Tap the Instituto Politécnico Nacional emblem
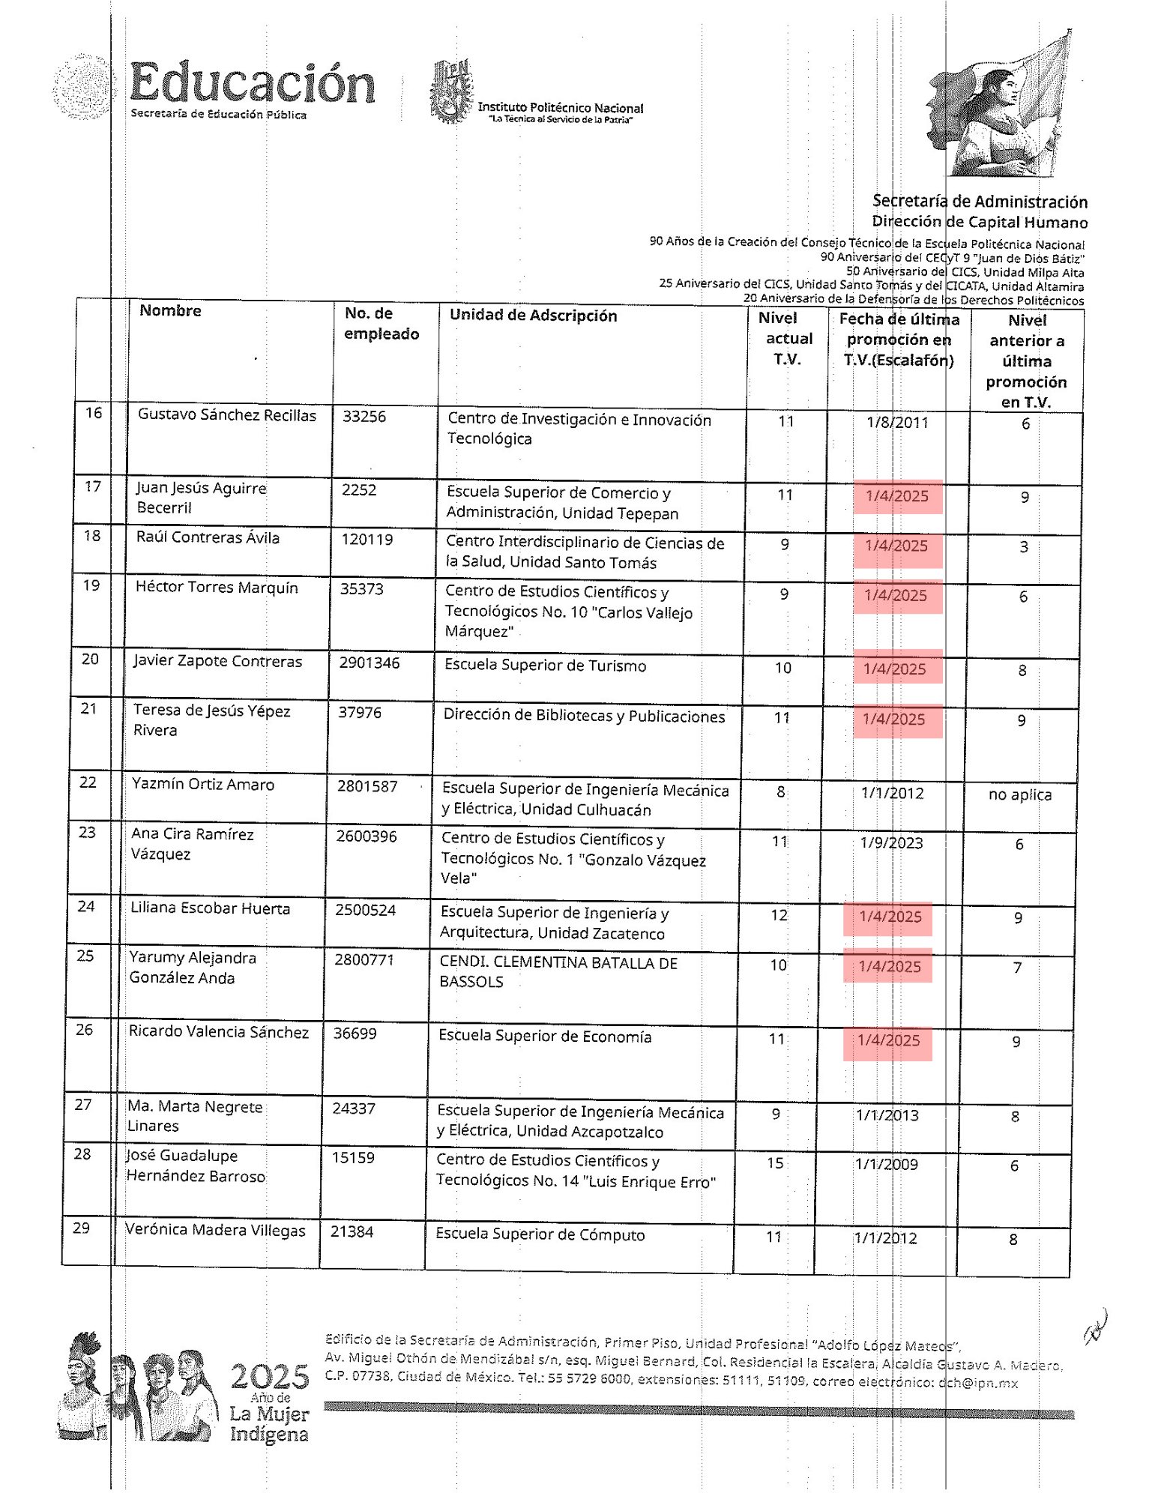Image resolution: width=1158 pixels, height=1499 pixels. click(x=451, y=91)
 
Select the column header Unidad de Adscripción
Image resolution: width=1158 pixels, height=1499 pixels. click(x=533, y=316)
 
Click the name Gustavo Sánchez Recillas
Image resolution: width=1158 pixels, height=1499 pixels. click(x=226, y=415)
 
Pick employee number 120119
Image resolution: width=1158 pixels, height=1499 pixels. click(x=367, y=540)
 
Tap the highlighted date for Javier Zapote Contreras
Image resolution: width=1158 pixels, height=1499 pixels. click(x=895, y=669)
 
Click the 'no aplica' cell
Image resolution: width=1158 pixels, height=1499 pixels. click(x=1019, y=794)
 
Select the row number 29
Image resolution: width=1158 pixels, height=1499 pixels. click(x=81, y=1228)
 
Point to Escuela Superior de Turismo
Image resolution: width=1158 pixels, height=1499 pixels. click(x=545, y=666)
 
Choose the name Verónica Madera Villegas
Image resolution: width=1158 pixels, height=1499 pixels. click(x=215, y=1230)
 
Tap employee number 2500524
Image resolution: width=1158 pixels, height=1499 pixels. click(x=365, y=910)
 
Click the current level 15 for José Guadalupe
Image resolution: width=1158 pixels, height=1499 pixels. click(x=775, y=1162)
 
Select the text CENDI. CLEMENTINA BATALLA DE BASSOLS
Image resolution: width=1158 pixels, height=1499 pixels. click(x=558, y=972)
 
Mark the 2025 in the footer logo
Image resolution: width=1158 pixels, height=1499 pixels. click(x=269, y=1376)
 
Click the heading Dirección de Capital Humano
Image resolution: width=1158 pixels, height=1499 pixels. click(x=979, y=222)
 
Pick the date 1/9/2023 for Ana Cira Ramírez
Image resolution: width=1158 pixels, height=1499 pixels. click(x=890, y=843)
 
